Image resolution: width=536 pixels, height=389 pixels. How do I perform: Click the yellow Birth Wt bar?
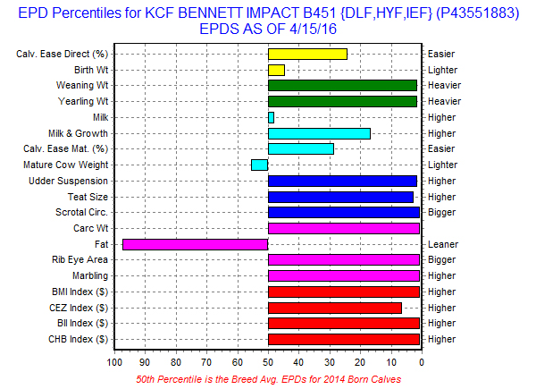(x=276, y=70)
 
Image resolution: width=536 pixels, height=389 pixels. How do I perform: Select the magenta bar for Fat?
(x=195, y=244)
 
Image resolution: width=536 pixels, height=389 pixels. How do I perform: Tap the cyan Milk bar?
(x=271, y=117)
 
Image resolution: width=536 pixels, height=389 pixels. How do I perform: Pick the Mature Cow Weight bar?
(x=259, y=165)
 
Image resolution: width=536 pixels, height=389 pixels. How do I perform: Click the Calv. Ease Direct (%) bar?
(x=307, y=54)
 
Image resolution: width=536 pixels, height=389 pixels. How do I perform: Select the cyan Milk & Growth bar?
(x=319, y=133)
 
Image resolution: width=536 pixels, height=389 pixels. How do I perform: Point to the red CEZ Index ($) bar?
(x=335, y=308)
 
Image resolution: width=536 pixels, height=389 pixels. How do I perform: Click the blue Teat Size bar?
(x=340, y=197)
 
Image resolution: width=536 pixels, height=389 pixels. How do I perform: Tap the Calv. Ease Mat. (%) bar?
(x=301, y=148)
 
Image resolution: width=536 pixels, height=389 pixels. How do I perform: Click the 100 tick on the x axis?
(x=114, y=362)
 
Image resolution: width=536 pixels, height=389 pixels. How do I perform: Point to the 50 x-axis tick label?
(x=268, y=362)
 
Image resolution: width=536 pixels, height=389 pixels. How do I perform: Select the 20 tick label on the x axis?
(x=360, y=362)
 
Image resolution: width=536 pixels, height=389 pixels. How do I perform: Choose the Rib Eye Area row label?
(x=80, y=260)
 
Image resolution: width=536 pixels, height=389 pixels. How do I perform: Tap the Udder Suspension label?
(x=69, y=181)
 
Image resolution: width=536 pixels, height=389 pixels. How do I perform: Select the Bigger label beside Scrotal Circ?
(x=442, y=212)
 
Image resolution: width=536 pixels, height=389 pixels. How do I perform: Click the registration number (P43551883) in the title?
(x=469, y=13)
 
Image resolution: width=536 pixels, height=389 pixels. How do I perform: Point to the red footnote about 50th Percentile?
(x=267, y=379)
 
